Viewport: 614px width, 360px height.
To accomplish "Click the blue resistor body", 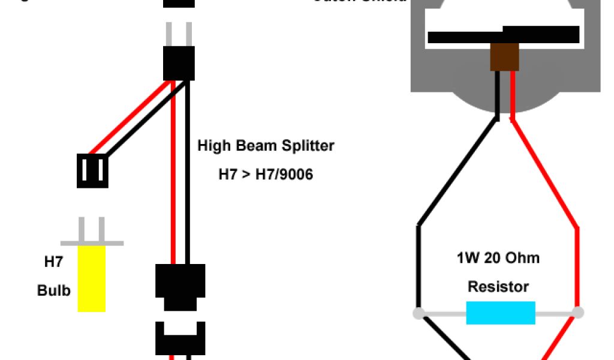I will coord(500,313).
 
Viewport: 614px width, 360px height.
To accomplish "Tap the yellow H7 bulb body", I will coord(92,279).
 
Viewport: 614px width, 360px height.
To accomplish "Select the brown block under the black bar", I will coord(504,56).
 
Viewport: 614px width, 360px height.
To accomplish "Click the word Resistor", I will coord(498,287).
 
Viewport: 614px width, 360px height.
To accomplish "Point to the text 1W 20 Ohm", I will coord(498,259).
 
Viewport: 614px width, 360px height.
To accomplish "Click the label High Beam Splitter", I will coord(266,146).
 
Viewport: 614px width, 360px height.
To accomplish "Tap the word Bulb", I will coord(54,291).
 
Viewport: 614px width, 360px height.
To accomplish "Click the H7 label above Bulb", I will coord(53,262).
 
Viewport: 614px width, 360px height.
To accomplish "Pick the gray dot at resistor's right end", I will coord(578,312).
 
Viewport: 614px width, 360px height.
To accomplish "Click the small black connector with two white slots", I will coord(92,170).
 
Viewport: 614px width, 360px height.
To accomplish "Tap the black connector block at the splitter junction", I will coord(179,64).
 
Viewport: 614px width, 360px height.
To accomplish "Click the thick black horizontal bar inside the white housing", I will coord(504,36).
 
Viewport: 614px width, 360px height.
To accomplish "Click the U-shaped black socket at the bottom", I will coord(180,339).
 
